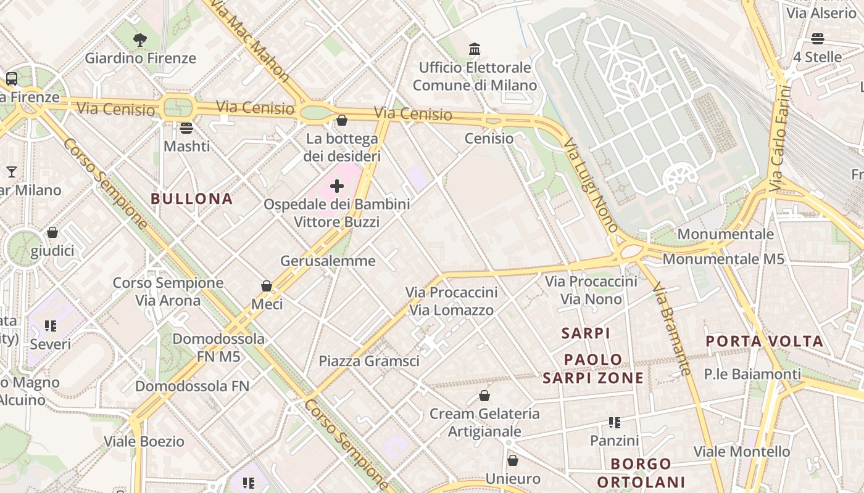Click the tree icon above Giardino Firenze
pos(140,40)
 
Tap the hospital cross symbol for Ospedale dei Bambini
pos(337,185)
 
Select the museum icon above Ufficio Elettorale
pos(475,49)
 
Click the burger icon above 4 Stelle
pos(818,39)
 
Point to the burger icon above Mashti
pos(186,128)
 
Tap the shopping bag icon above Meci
pos(267,286)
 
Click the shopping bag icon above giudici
pos(52,232)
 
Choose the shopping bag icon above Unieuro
pos(512,460)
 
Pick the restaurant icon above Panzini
pos(614,423)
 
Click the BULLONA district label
pos(192,198)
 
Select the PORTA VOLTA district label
pos(764,341)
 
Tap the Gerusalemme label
pos(328,261)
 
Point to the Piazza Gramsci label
pos(368,361)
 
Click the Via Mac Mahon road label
pos(250,40)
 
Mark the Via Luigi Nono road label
pos(591,184)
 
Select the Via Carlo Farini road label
pos(780,139)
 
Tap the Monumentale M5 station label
pos(723,259)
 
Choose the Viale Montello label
pos(742,452)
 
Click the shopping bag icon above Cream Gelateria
pos(484,395)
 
